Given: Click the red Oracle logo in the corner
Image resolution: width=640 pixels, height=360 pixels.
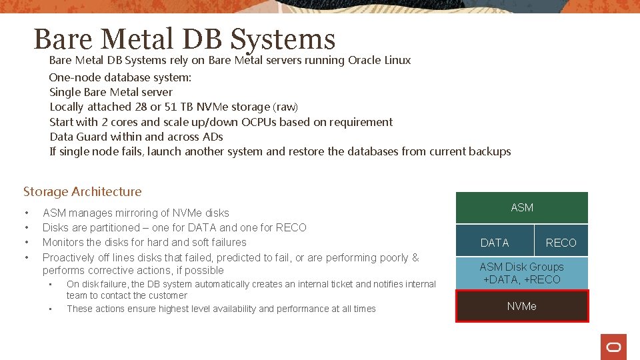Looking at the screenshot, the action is click(613, 347).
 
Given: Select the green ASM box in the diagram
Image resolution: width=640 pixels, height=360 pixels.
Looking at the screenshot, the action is click(521, 207).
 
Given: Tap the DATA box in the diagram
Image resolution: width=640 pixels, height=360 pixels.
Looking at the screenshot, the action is click(495, 243).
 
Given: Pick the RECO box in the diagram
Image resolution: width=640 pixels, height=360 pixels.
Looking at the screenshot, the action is click(561, 243).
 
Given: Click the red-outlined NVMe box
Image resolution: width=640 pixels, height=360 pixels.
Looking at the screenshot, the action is click(521, 306).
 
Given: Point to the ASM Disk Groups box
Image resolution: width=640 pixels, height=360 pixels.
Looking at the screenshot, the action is click(521, 273).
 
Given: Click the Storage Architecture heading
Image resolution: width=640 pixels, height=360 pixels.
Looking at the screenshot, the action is click(83, 192).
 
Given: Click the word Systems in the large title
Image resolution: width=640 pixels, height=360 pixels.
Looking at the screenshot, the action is click(283, 39).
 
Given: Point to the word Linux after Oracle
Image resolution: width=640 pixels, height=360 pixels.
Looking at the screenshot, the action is click(397, 60).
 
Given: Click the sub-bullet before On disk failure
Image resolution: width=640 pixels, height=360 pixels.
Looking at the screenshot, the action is click(51, 284).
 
